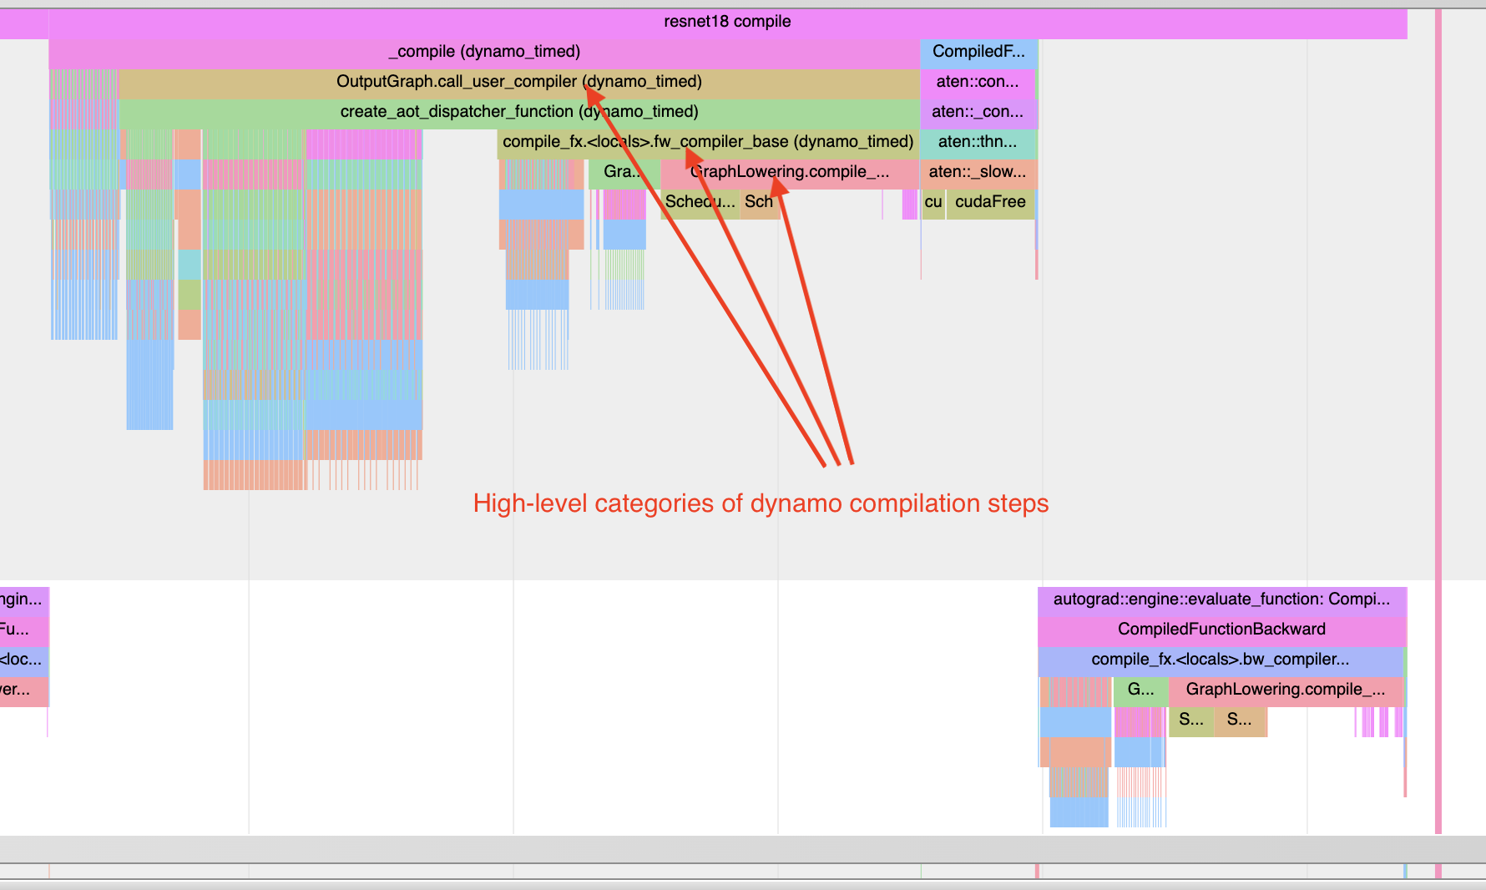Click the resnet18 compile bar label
(726, 22)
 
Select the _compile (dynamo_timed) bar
(484, 52)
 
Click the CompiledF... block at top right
(978, 52)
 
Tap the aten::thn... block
(978, 142)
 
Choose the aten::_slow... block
(978, 172)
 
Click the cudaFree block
(990, 202)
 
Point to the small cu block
(933, 202)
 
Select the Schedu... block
(700, 202)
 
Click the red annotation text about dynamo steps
(761, 503)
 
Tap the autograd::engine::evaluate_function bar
(1221, 599)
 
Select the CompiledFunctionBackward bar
(1221, 630)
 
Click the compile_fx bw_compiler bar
(1220, 660)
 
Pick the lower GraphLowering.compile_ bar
(1285, 690)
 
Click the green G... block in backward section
(1140, 690)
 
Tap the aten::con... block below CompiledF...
(977, 82)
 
